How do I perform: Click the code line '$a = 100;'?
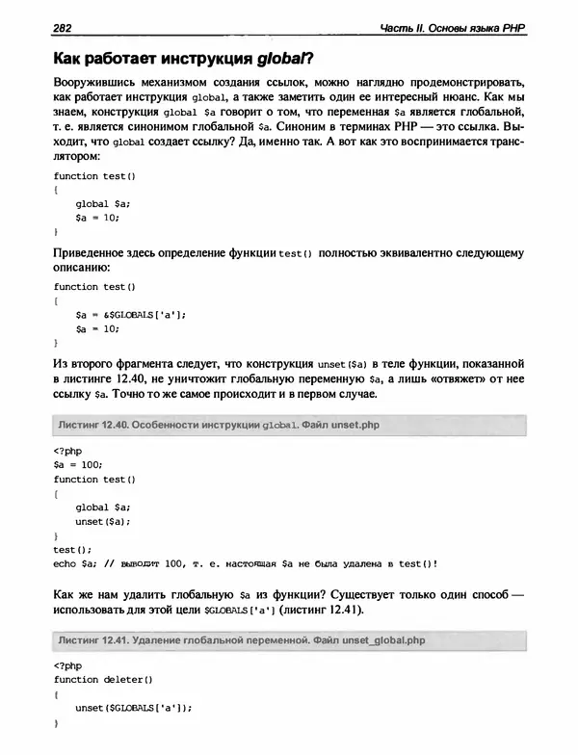pyautogui.click(x=78, y=464)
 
